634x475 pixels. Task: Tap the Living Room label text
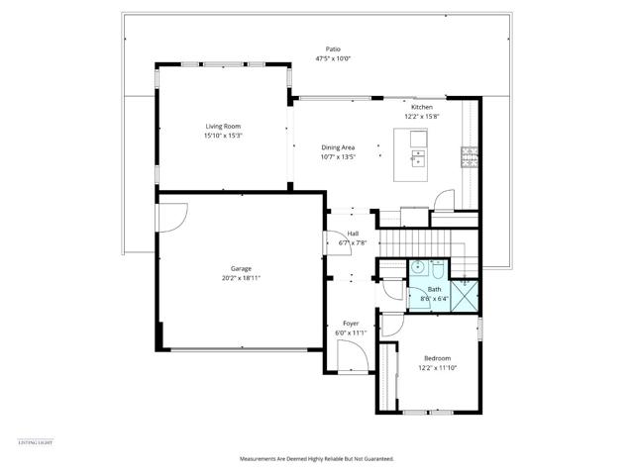(x=223, y=127)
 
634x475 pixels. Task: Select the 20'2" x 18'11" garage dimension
(x=241, y=278)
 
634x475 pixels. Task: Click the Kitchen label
(x=422, y=107)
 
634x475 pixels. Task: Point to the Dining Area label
(x=337, y=147)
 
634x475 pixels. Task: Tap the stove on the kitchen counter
(x=470, y=154)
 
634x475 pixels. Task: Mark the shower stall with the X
(x=463, y=296)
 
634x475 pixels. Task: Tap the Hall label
(x=353, y=234)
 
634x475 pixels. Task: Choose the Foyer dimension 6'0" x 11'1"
(x=351, y=332)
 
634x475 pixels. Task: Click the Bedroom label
(x=437, y=357)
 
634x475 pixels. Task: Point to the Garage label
(x=241, y=268)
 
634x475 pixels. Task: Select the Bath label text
(x=434, y=289)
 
